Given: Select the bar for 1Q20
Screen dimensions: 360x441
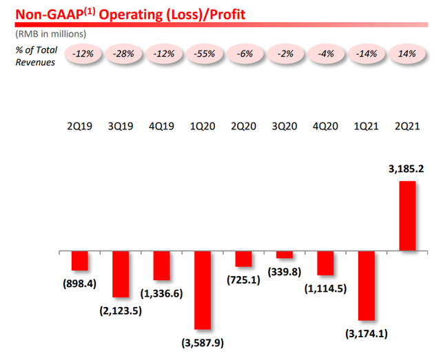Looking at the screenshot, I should tap(202, 290).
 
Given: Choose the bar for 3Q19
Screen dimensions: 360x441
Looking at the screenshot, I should tap(121, 274).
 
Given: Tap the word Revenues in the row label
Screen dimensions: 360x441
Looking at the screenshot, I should tap(35, 63).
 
